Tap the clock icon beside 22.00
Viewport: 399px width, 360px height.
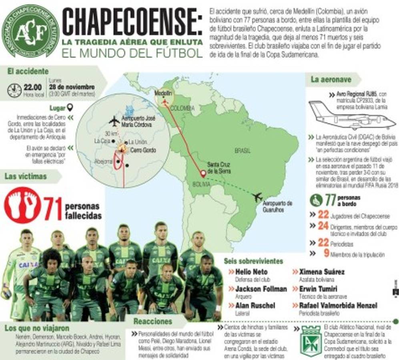pos(14,90)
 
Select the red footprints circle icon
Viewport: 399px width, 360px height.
pos(22,205)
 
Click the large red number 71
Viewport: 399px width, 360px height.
pos(53,208)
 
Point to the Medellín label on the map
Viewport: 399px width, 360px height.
pos(163,93)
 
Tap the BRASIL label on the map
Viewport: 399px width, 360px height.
pos(243,151)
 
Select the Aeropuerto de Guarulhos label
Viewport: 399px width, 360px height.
pos(278,206)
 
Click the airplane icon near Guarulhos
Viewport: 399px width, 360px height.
pos(257,197)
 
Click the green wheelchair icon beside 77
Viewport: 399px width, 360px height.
pos(316,200)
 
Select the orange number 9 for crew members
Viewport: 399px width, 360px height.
pos(326,253)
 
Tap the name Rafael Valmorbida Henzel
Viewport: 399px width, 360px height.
pos(338,305)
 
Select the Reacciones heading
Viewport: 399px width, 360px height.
pos(152,321)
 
